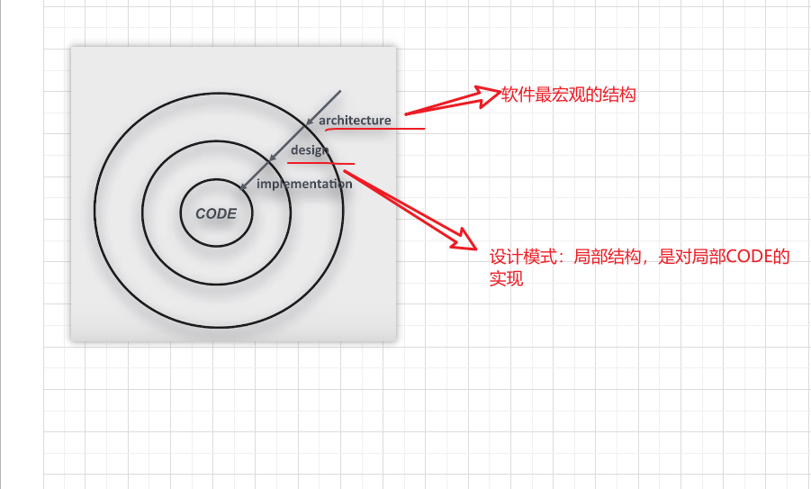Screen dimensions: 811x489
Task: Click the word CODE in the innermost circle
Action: [216, 213]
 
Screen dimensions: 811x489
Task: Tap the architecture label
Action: [355, 121]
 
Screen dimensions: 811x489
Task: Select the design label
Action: [310, 150]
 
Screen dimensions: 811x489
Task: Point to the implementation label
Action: [304, 184]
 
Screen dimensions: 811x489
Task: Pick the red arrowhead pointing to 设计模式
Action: [464, 239]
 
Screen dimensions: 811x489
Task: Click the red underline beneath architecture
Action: [375, 129]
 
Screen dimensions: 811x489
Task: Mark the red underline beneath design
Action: [320, 164]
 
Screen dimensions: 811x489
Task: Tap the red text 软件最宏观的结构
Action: [569, 95]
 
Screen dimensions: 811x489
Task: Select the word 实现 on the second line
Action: [507, 278]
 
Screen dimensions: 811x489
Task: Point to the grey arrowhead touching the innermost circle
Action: [243, 186]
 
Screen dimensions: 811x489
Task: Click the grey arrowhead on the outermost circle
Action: [310, 122]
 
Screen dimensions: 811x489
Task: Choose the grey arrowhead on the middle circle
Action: [273, 158]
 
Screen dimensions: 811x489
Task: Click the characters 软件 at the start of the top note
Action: [518, 95]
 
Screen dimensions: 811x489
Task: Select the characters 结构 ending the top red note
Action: [619, 95]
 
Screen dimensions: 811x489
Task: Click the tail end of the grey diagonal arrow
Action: [340, 91]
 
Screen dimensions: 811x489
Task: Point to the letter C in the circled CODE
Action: [200, 213]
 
